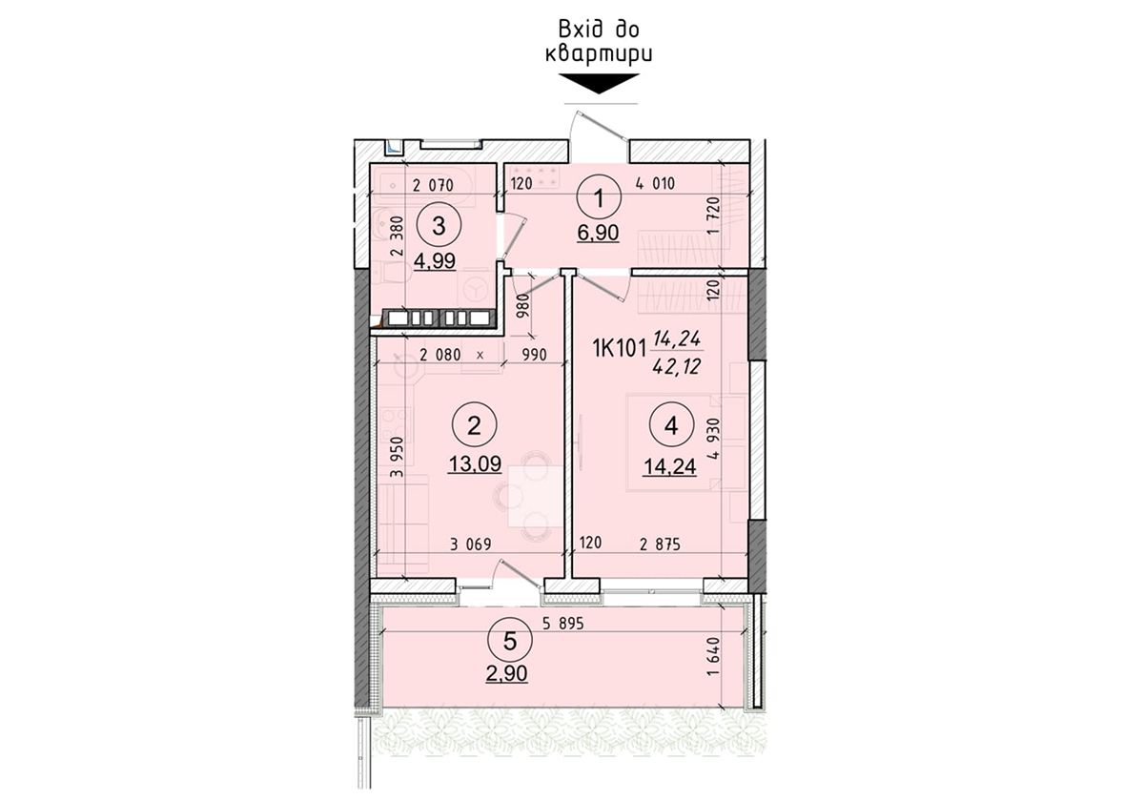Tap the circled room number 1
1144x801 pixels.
(599, 200)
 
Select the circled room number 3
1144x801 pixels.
(439, 226)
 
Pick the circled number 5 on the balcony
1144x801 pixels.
(510, 641)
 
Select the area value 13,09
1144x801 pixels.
(474, 464)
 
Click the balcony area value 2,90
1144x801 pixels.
(507, 674)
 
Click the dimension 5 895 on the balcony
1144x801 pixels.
(562, 625)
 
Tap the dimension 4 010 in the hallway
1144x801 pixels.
(655, 185)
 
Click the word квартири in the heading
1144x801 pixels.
(599, 53)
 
